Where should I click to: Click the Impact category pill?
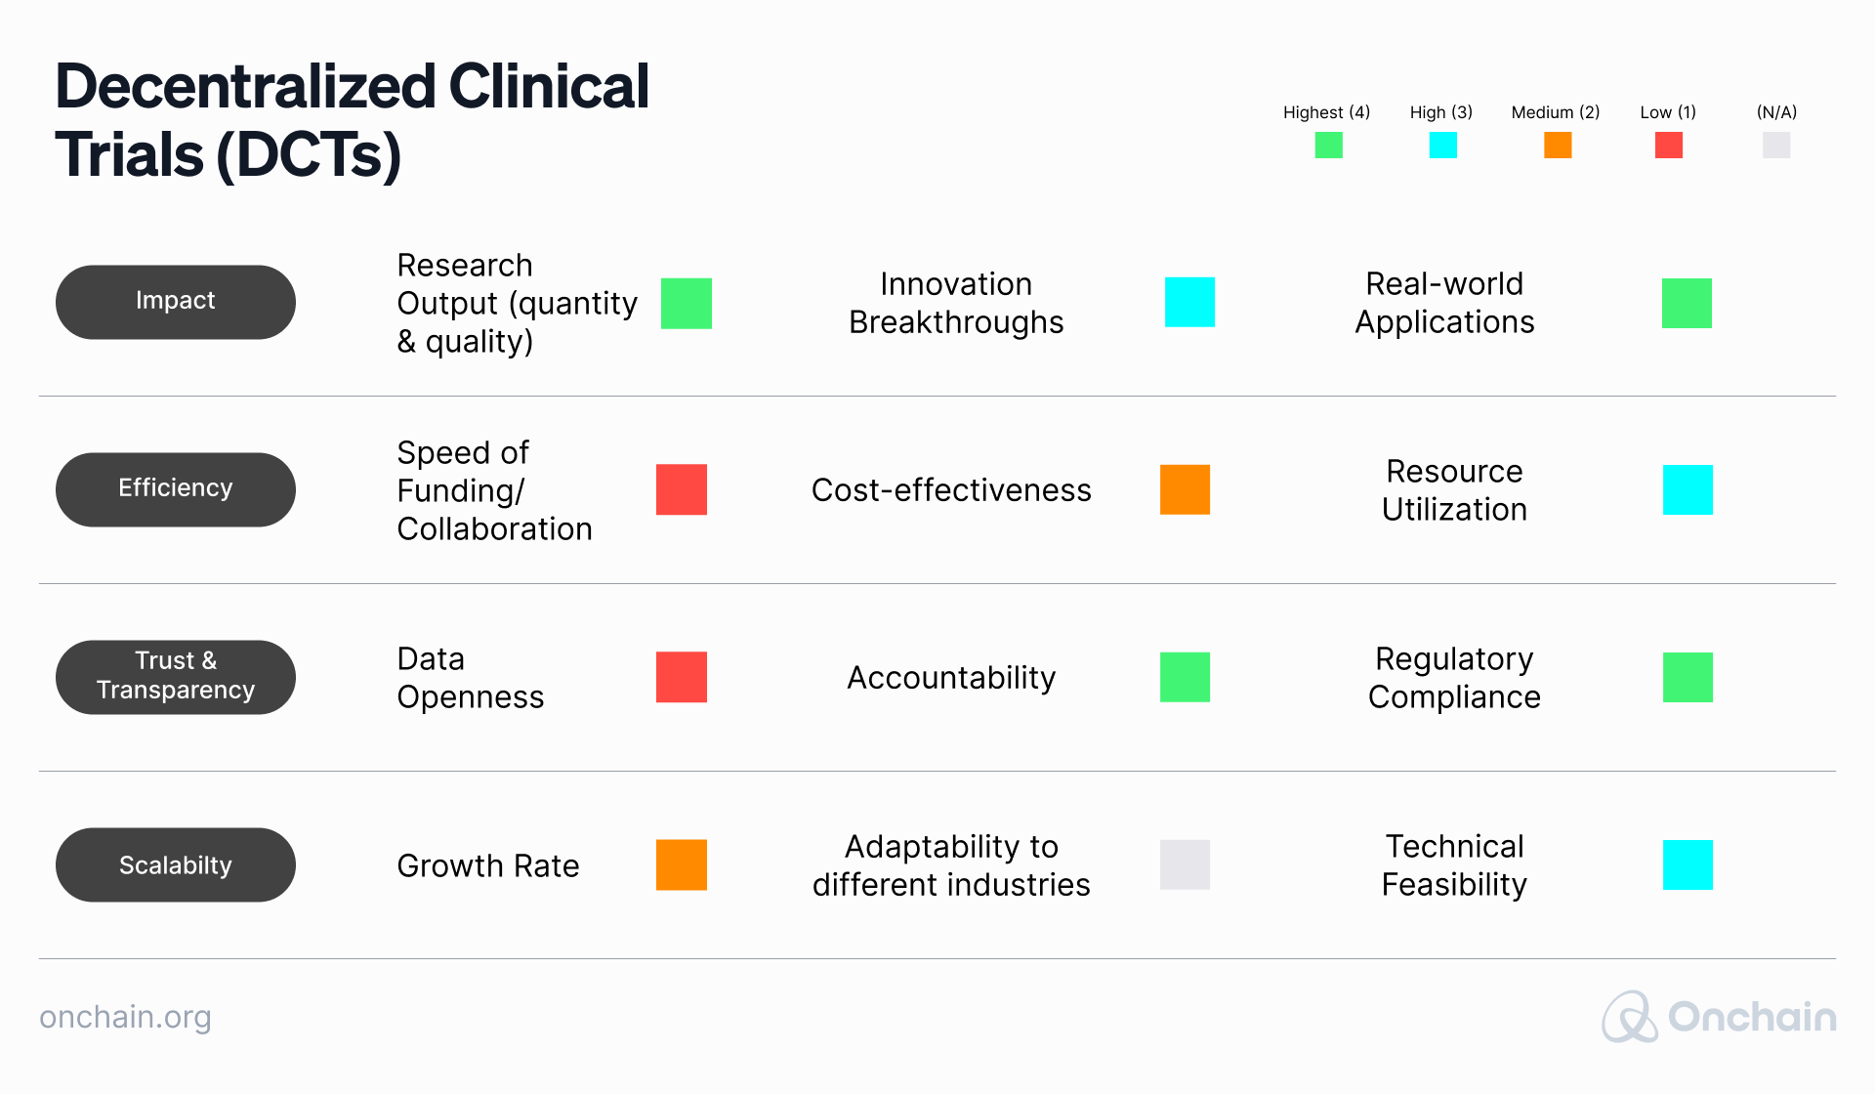176,302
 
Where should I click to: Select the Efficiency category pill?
176,489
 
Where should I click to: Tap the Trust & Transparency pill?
176,677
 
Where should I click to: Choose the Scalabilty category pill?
176,864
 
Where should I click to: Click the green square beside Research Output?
686,303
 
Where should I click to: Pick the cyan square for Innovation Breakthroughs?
1189,302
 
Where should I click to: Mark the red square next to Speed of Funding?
681,489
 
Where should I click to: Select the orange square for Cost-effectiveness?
1185,489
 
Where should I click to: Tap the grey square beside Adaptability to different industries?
1185,864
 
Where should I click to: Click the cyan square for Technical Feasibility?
1687,864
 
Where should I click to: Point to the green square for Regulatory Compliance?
1687,677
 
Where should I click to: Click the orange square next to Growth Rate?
681,864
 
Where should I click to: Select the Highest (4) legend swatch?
1328,146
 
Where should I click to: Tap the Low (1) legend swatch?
1668,146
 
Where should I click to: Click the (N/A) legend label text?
1776,112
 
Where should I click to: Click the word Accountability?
951,677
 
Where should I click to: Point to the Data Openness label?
470,677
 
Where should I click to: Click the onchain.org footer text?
125,1017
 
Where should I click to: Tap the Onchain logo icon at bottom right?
1628,1017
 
